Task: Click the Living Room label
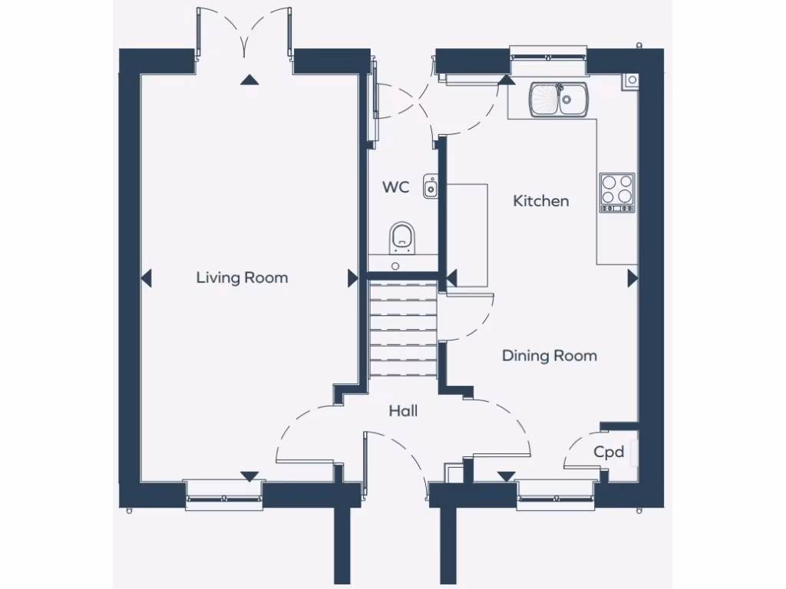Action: pos(242,278)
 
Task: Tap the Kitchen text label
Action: pos(541,201)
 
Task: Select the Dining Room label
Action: pos(549,356)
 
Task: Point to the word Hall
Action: pos(403,412)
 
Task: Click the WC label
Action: pos(396,187)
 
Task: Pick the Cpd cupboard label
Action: pos(609,452)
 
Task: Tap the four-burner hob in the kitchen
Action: pos(617,192)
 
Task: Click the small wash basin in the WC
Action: pos(431,186)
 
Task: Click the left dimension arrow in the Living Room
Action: pos(147,278)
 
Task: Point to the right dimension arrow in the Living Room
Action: pos(353,278)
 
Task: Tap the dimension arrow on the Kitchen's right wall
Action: pos(632,278)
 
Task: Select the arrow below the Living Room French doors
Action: pos(248,79)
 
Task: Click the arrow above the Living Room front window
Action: pos(249,476)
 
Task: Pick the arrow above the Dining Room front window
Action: pos(506,476)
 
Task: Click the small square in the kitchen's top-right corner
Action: pos(631,79)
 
